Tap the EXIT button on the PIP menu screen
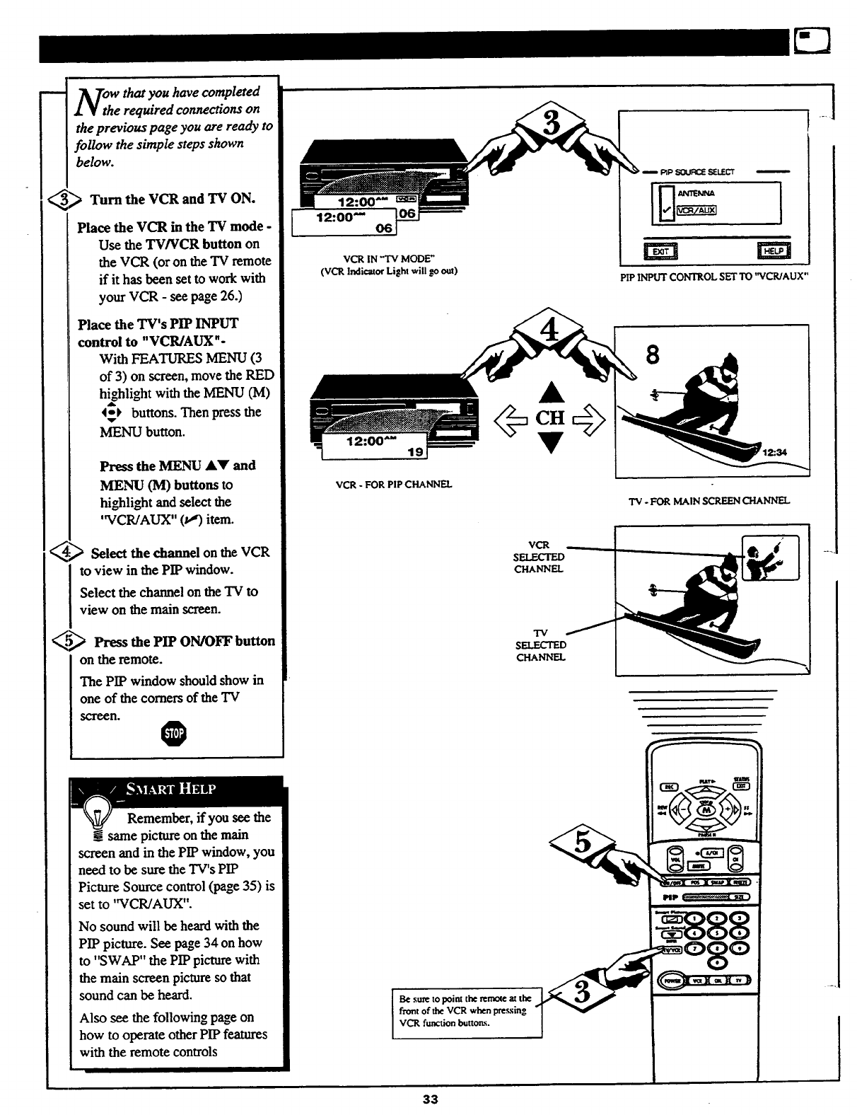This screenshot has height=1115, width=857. pos(659,250)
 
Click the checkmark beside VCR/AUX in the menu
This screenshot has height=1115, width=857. pos(666,209)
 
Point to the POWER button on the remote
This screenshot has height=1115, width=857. pos(670,980)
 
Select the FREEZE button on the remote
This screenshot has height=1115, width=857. pos(740,882)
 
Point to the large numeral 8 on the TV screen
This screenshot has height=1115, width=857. pos(652,353)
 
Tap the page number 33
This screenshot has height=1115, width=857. pos(430,1099)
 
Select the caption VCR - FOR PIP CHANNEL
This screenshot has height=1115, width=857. pos(393,485)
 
